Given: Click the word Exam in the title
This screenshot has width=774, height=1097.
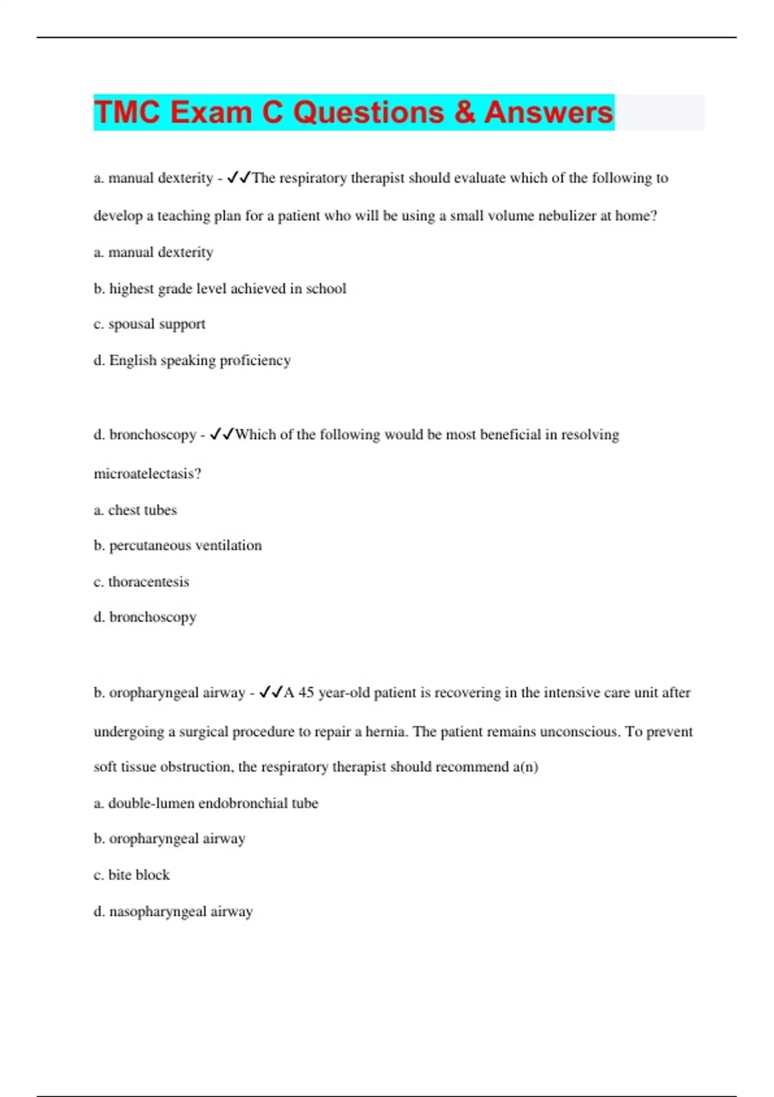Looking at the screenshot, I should coord(211,112).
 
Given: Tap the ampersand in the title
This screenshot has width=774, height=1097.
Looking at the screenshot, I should coord(464,112).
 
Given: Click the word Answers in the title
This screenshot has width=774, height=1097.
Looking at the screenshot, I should coord(548,112).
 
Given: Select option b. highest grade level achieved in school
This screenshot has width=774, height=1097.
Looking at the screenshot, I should coord(220,288).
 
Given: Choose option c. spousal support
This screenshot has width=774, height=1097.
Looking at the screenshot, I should coord(150,324).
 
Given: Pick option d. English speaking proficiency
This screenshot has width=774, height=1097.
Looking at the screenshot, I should coord(192,360).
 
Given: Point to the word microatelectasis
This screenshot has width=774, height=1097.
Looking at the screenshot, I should coord(147,474).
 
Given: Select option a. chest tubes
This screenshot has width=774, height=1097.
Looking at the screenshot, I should coord(135,510).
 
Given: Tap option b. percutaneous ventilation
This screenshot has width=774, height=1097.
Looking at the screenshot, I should coord(178,545).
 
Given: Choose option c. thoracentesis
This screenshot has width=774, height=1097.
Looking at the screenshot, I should coord(141,581).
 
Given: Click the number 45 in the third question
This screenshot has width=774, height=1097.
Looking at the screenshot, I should coord(306,692).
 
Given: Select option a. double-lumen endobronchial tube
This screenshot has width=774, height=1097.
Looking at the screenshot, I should coord(206,803).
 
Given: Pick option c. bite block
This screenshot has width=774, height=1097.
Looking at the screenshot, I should coord(132,875).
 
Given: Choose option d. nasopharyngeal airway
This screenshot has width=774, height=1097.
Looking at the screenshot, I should coord(174,911).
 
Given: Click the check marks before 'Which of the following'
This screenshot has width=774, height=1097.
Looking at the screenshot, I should coord(222,434).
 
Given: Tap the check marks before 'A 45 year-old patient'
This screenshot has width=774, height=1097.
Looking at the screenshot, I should coord(271,692).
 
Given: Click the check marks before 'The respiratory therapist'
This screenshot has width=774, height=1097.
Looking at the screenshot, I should coord(239,177).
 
